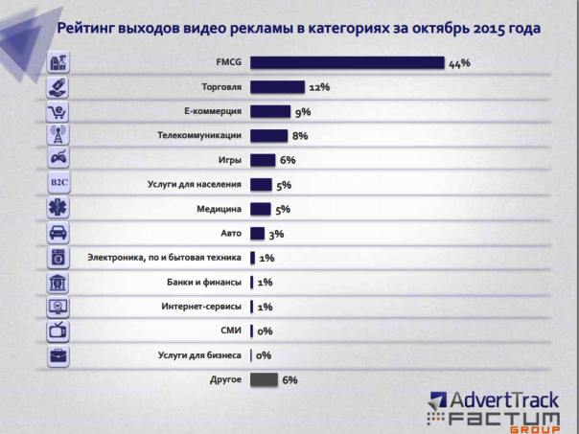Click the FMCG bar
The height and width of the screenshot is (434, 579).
tap(346, 63)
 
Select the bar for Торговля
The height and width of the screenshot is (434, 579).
tap(277, 87)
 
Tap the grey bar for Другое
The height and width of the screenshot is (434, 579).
tap(264, 380)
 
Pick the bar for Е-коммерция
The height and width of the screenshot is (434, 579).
tap(269, 112)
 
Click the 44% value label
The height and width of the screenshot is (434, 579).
tap(459, 63)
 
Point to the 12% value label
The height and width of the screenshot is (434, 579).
tap(319, 87)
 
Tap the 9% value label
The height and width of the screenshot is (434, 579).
tap(303, 112)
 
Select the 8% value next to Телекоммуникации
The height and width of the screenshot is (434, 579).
tap(299, 136)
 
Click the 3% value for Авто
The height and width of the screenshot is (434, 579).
tap(277, 234)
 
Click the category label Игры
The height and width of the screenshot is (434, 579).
tap(228, 161)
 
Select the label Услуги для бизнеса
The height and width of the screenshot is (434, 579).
tap(199, 356)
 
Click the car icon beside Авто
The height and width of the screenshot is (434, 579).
tap(58, 234)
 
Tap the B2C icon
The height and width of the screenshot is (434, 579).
tap(58, 185)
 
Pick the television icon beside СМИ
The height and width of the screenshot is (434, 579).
tap(58, 331)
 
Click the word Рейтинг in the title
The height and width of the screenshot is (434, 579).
tap(89, 29)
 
